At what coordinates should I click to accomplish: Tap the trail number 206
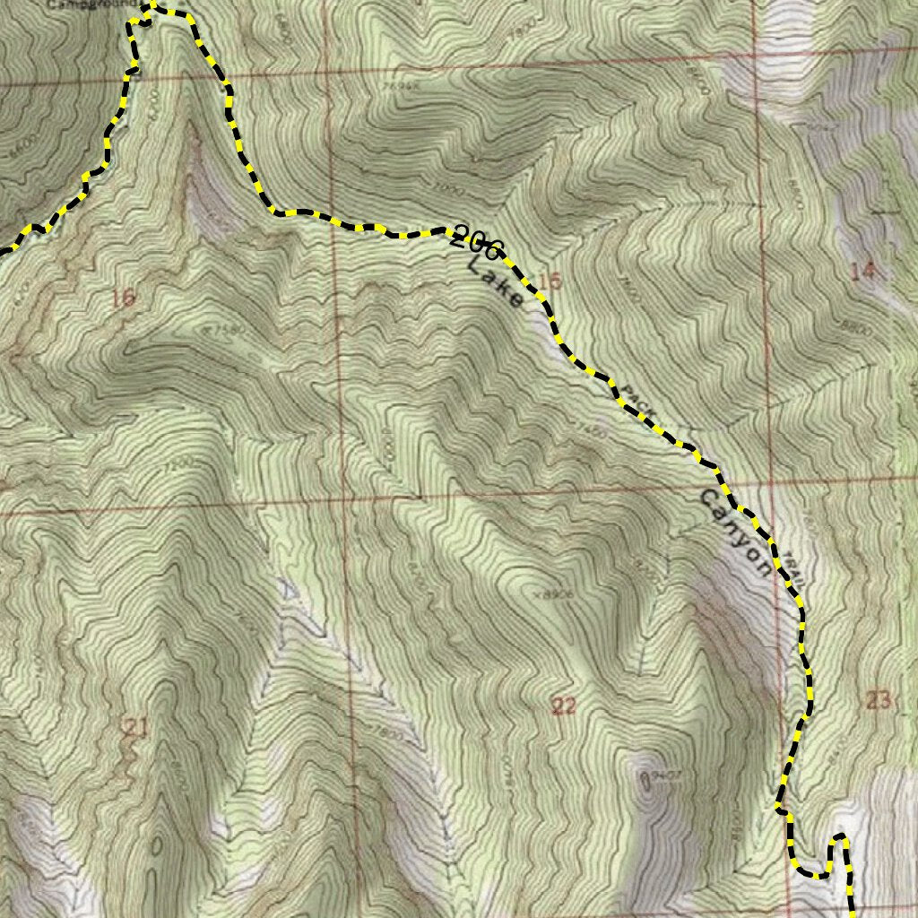pos(477,241)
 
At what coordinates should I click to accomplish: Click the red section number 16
pos(124,298)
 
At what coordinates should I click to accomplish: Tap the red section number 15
pos(550,282)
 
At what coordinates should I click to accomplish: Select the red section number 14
pos(862,273)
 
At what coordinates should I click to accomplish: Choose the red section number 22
pos(563,706)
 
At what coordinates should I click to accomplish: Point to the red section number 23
pos(879,700)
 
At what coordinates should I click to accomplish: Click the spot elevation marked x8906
pos(552,593)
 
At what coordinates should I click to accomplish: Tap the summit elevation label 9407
pos(662,774)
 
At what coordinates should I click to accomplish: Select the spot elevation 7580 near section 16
pos(227,331)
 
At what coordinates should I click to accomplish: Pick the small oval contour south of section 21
pos(157,845)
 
